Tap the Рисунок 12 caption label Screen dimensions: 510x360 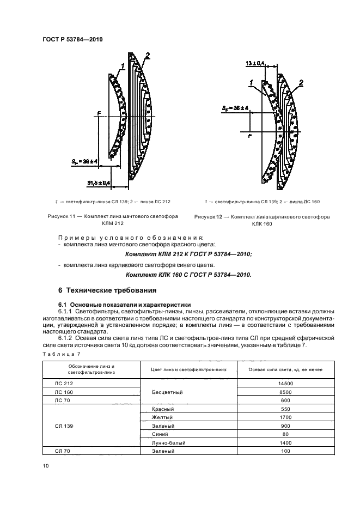[x=210, y=217]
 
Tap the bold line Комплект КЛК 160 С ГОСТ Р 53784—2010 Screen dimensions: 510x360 [x=188, y=275]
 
